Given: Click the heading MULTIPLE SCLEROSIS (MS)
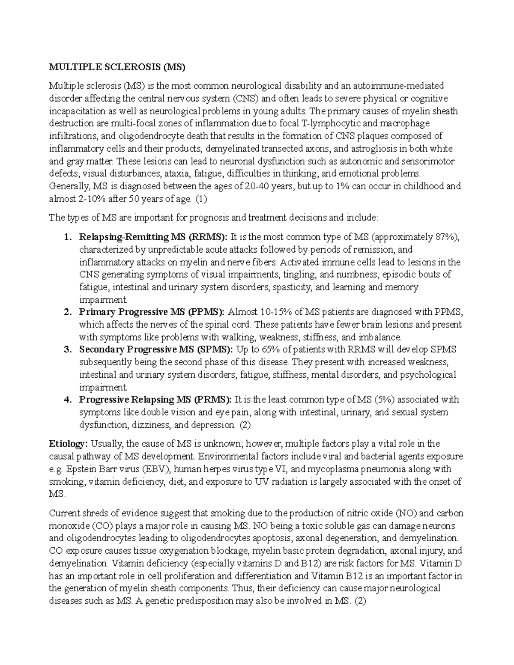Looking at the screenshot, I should (x=117, y=67).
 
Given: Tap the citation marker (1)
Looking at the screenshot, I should (x=201, y=199).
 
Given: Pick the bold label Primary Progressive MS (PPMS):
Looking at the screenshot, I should (x=152, y=312).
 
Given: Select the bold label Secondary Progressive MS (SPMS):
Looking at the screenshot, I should (x=156, y=349).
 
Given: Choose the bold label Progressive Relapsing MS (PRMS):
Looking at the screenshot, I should (x=155, y=400).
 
